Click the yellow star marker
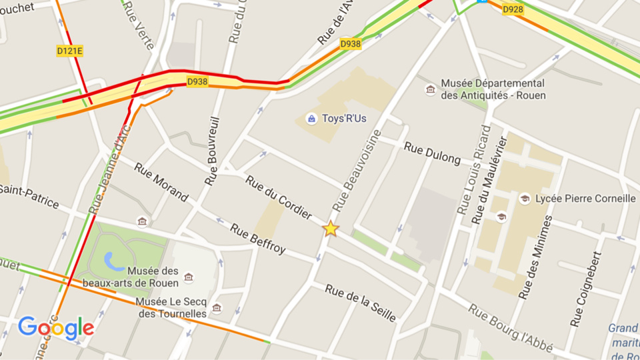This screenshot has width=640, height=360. click(331, 229)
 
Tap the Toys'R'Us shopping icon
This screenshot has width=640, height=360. click(311, 119)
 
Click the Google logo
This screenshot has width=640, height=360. click(56, 327)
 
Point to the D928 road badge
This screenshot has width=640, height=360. click(513, 9)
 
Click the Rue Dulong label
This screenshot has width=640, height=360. click(433, 153)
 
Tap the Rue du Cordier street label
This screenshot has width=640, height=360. click(279, 197)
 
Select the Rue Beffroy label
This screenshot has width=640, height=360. click(258, 239)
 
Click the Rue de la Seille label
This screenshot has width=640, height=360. click(361, 302)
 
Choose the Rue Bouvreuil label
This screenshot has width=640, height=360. click(213, 151)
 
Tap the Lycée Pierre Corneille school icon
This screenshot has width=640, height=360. click(525, 199)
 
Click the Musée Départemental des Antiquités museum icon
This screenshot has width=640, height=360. click(431, 89)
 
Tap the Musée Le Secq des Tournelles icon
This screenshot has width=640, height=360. click(217, 308)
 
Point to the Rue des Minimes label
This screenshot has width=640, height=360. click(536, 256)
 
